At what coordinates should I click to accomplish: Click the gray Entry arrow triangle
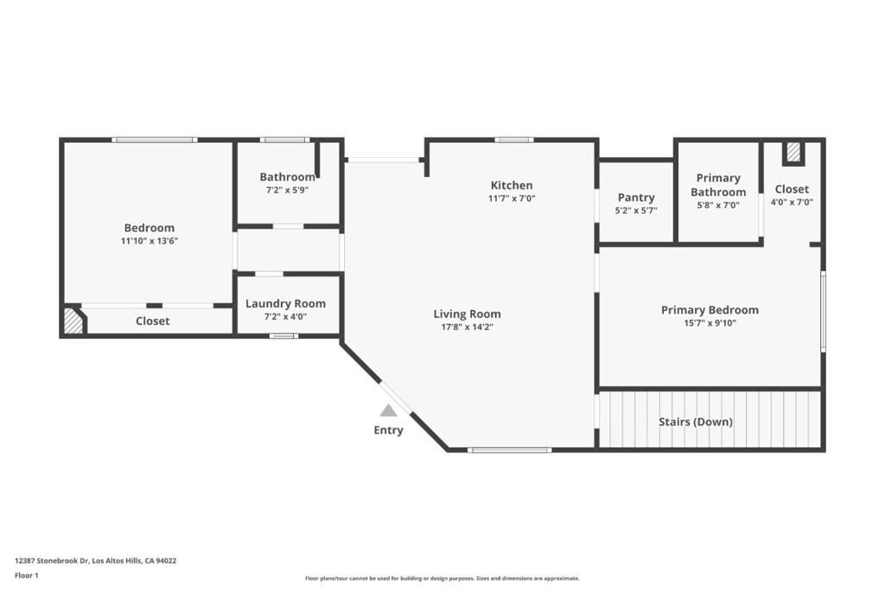(389, 410)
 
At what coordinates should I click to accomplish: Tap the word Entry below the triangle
(388, 430)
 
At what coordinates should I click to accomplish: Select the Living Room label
(467, 314)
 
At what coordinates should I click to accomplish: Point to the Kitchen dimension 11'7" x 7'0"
(512, 199)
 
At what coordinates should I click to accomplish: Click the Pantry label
(636, 197)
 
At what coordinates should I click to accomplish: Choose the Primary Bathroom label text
(718, 185)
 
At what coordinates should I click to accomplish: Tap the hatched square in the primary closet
(793, 153)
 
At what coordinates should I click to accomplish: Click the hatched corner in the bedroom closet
(73, 322)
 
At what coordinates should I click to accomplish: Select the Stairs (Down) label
(696, 422)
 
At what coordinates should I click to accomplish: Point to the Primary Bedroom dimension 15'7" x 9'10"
(710, 323)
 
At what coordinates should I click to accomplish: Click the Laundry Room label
(285, 303)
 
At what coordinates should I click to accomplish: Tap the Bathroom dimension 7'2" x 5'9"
(287, 189)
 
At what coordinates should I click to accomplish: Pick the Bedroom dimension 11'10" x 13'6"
(150, 241)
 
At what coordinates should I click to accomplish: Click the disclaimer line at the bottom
(442, 578)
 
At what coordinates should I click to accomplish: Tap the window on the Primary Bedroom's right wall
(823, 311)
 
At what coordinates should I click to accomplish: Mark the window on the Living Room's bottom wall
(510, 449)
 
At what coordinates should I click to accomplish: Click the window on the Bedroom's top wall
(155, 139)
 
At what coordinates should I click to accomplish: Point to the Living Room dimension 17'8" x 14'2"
(467, 327)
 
